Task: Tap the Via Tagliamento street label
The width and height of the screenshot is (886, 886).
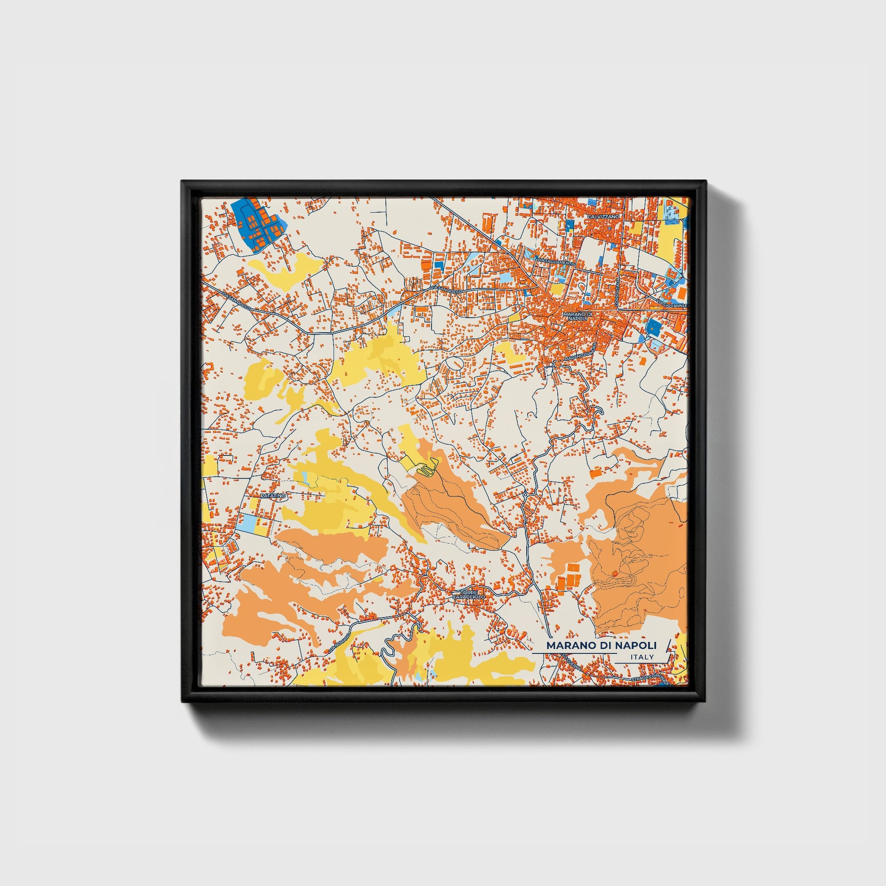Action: point(555,262)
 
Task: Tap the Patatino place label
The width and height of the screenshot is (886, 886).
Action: point(273,496)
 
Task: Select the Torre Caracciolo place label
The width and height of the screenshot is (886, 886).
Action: point(468,595)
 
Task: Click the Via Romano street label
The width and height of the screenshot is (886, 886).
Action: point(340,642)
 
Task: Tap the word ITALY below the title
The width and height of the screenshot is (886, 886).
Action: point(642,657)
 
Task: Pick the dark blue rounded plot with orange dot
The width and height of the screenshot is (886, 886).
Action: point(652,327)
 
